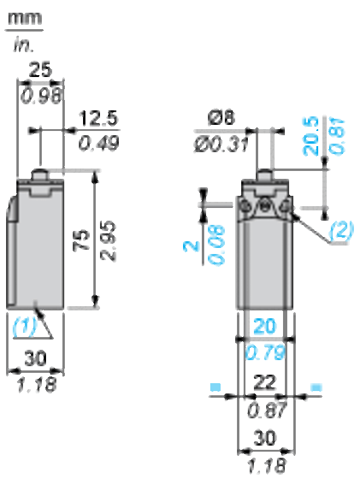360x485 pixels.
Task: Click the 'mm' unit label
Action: coord(25,19)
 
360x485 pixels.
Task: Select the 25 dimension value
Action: coord(40,70)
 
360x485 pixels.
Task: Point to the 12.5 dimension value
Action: coord(98,118)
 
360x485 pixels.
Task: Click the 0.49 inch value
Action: coord(98,143)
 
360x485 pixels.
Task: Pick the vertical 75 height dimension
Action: coord(82,240)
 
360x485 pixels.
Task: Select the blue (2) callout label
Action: coord(341,230)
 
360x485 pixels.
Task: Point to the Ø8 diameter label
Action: coord(221,118)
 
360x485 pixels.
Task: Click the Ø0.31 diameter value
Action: coord(221,144)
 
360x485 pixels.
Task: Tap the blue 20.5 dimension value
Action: coord(310,136)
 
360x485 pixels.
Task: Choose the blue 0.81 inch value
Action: coord(337,136)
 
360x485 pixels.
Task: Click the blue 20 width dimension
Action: coord(264,326)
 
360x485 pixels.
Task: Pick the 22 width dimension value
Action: coord(265,383)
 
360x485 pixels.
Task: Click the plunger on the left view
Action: coord(40,175)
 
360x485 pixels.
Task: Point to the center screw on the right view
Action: coord(264,206)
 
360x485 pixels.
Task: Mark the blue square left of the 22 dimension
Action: coord(215,387)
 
